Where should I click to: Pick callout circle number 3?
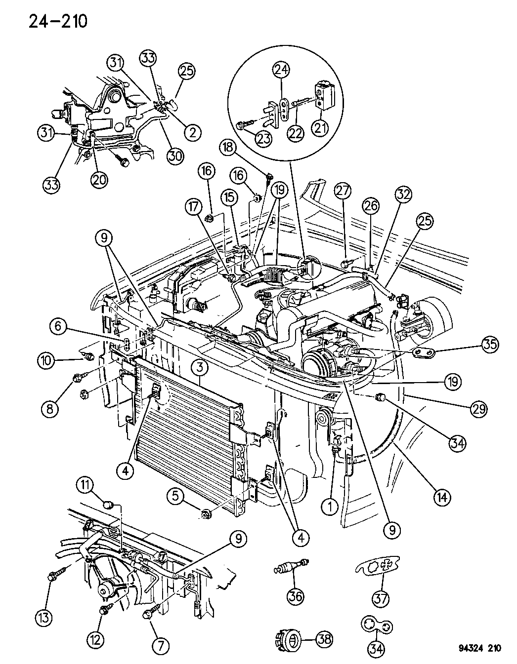[200, 367]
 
